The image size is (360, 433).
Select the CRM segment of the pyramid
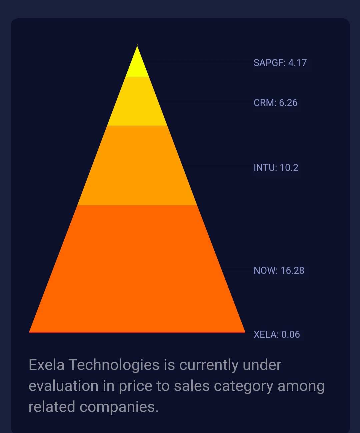click(137, 101)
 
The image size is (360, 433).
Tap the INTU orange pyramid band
click(137, 166)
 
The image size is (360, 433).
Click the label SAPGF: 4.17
click(280, 63)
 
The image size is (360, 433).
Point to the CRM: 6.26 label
click(275, 103)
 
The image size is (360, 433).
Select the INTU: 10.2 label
click(276, 168)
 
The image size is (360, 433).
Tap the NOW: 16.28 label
click(279, 270)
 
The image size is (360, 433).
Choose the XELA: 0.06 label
click(277, 334)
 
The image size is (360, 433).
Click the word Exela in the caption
click(46, 365)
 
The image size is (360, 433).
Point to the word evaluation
click(63, 386)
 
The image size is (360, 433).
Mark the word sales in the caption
click(192, 386)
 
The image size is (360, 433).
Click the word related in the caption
click(52, 407)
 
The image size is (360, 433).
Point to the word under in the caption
click(262, 365)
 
